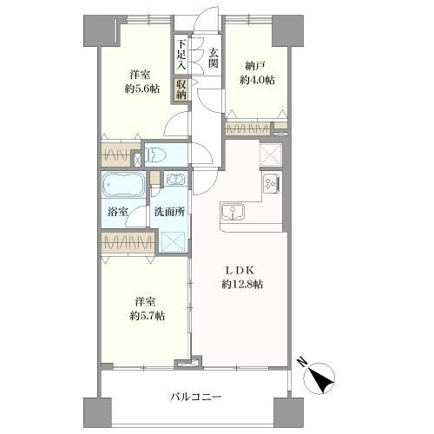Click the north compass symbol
(319, 377)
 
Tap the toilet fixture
(155, 155)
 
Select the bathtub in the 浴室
(123, 185)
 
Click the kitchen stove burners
(272, 183)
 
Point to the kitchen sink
(233, 212)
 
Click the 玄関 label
(214, 58)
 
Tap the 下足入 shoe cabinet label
(181, 55)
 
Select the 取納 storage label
(181, 89)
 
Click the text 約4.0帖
(257, 80)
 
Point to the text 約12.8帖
(242, 285)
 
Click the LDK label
(240, 271)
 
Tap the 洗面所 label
(169, 212)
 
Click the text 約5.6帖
(142, 89)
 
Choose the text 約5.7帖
(148, 316)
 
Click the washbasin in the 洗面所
(175, 179)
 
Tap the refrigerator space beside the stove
(270, 155)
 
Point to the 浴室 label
(118, 212)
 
